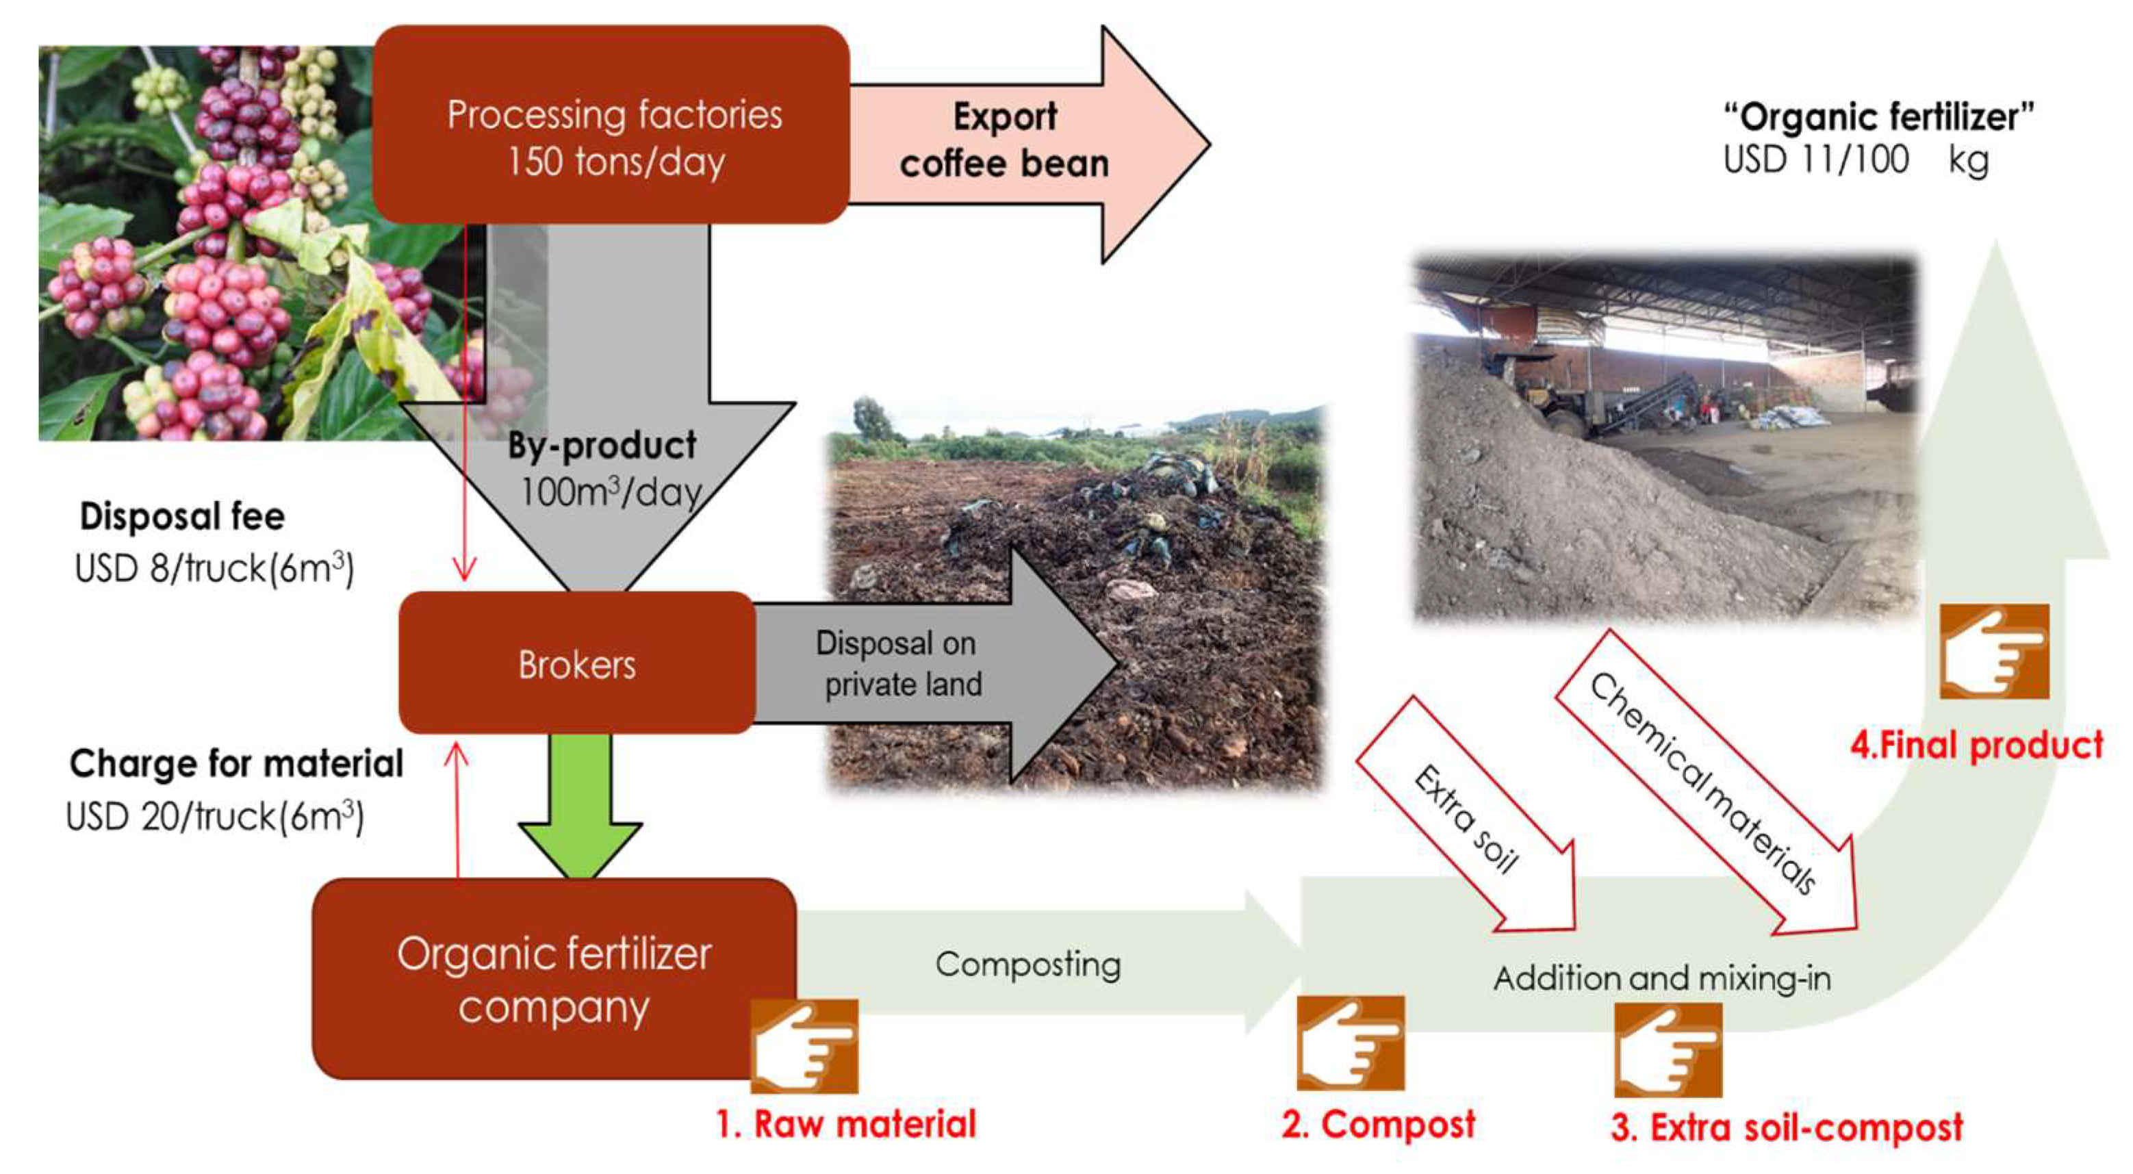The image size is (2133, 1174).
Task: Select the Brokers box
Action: point(576,663)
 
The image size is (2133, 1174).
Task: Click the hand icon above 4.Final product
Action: point(1994,652)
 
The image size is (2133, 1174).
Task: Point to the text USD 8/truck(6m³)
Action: point(214,569)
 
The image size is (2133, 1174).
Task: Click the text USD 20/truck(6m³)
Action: point(214,817)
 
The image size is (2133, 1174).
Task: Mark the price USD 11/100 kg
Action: point(1855,159)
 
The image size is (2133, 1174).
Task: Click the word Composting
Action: point(1027,965)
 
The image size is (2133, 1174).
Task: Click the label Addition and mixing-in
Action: point(1662,979)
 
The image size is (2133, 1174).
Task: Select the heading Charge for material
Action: point(236,763)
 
